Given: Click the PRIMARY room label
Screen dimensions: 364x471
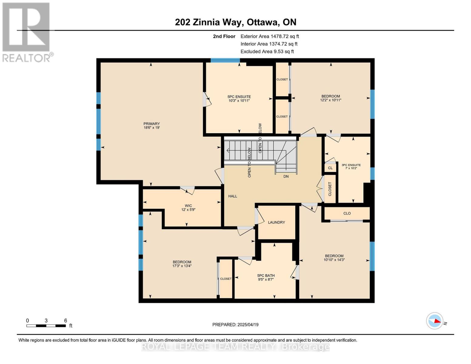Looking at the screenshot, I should (151, 124).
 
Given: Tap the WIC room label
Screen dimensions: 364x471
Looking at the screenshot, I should (188, 206).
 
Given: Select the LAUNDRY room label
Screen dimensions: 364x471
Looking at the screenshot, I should (276, 222).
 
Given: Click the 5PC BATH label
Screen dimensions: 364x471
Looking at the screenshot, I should (266, 276).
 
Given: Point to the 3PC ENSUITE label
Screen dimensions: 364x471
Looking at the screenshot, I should (351, 165).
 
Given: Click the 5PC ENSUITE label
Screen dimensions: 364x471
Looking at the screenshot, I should (239, 97).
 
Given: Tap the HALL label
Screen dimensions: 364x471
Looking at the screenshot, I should (233, 196).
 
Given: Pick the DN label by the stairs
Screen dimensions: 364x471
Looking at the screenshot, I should (286, 176).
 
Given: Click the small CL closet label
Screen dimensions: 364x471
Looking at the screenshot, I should (330, 168).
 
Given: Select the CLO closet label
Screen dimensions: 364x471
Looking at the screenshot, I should (347, 213).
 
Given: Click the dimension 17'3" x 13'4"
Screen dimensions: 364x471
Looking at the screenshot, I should (182, 266).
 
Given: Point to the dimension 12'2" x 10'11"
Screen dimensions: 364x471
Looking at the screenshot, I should (331, 100).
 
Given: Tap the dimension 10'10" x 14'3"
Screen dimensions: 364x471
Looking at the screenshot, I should (334, 260).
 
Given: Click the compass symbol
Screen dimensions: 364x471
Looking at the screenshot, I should (435, 321).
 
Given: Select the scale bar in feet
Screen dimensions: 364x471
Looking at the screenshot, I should (46, 326).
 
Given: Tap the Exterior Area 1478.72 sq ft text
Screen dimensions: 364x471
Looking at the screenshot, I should (270, 36).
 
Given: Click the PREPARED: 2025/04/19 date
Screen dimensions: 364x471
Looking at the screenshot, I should (235, 325).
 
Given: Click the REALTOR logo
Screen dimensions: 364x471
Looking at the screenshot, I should (27, 32).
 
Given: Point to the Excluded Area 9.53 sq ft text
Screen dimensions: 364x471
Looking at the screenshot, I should (267, 52).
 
